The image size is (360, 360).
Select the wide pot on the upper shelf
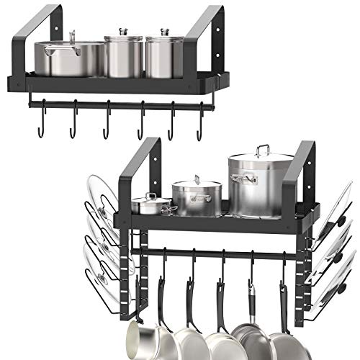[72, 59]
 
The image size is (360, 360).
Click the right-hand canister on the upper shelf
[165, 57]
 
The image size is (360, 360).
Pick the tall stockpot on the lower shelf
[261, 186]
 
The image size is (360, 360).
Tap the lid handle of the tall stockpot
[263, 149]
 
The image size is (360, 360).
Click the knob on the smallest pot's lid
[150, 194]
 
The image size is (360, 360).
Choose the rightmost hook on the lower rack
[282, 270]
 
